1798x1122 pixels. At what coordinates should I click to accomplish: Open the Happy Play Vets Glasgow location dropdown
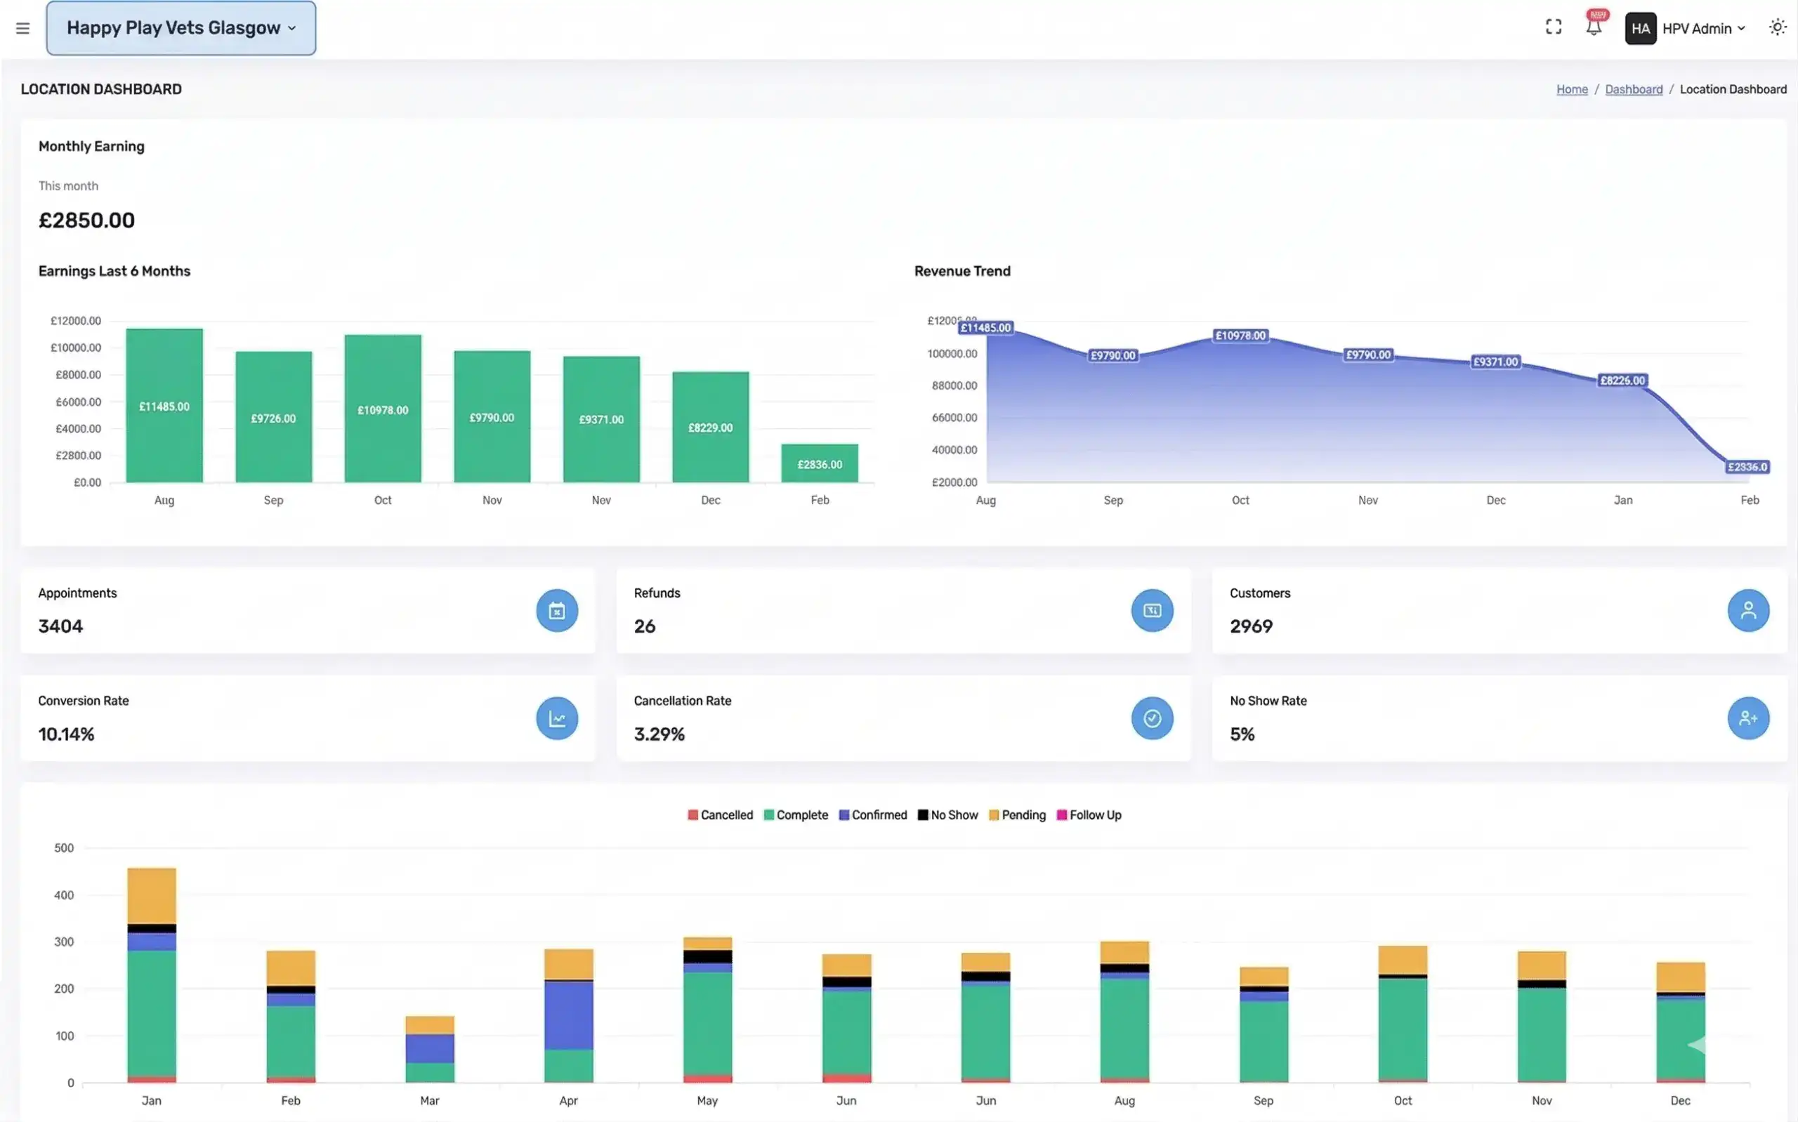tap(181, 28)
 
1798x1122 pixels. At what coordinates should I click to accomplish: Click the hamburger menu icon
tap(23, 28)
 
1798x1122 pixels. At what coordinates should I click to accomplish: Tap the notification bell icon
tap(1593, 27)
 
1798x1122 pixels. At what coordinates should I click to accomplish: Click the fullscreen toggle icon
tap(1553, 27)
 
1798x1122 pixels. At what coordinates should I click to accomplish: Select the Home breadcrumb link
tap(1572, 89)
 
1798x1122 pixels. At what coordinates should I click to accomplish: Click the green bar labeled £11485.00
tap(164, 406)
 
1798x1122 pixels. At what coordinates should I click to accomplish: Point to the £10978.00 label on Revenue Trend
tap(1240, 336)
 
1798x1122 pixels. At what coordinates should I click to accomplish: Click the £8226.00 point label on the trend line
tap(1622, 380)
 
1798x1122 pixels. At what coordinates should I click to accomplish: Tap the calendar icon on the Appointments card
tap(556, 611)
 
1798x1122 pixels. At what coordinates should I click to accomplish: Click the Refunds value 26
tap(644, 626)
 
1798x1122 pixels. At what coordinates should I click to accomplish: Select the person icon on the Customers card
tap(1747, 611)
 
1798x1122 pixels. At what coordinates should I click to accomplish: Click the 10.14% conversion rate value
tap(66, 734)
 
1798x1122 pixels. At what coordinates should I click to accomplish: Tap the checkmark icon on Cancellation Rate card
tap(1152, 718)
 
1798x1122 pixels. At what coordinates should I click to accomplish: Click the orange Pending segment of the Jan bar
tap(152, 896)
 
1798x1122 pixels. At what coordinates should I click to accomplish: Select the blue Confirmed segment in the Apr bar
tap(568, 1015)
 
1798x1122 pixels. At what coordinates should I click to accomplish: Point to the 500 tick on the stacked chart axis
tap(64, 847)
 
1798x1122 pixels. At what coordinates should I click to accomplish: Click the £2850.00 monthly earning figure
tap(87, 220)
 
